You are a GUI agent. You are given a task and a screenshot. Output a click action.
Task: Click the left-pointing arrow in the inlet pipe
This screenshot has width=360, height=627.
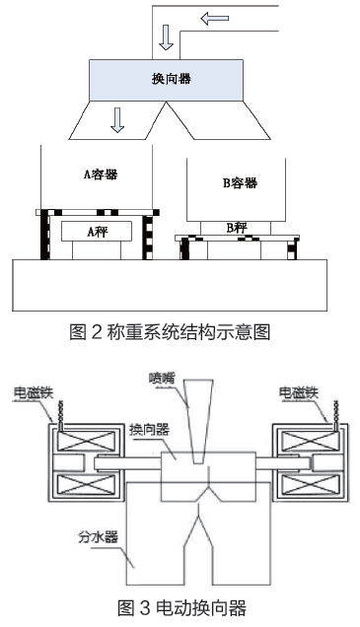pyautogui.click(x=218, y=17)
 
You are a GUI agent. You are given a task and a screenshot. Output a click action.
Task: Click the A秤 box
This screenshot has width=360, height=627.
pyautogui.click(x=97, y=233)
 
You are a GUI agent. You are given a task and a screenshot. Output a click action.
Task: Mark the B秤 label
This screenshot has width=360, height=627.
pyautogui.click(x=237, y=228)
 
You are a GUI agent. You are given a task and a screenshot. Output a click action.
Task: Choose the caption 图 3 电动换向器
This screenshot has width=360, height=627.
pyautogui.click(x=180, y=608)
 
